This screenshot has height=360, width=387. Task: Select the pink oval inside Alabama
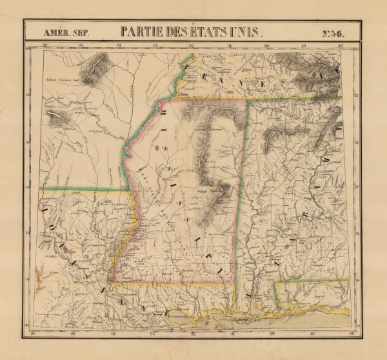coord(286,246)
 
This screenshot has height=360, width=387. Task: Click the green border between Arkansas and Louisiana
coord(84,190)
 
